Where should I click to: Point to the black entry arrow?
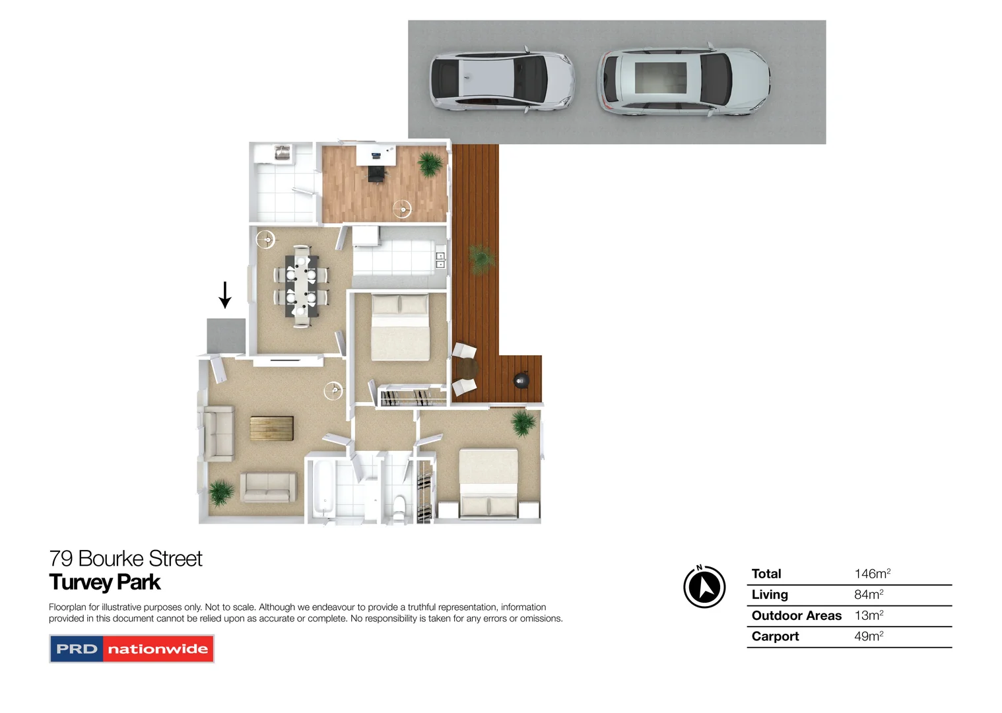click(x=225, y=294)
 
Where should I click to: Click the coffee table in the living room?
click(x=272, y=428)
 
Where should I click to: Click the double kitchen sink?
click(x=440, y=260)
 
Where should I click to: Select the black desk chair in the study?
click(x=376, y=173)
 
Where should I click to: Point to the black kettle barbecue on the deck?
click(x=521, y=380)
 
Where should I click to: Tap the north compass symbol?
click(x=704, y=586)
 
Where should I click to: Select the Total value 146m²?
click(x=872, y=574)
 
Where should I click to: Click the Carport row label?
click(x=775, y=636)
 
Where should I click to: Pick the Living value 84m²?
click(x=869, y=595)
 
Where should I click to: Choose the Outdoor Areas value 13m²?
click(x=869, y=615)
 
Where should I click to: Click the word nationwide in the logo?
click(x=158, y=649)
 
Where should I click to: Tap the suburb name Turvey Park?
click(x=105, y=582)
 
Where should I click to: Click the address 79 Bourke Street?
click(x=125, y=559)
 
